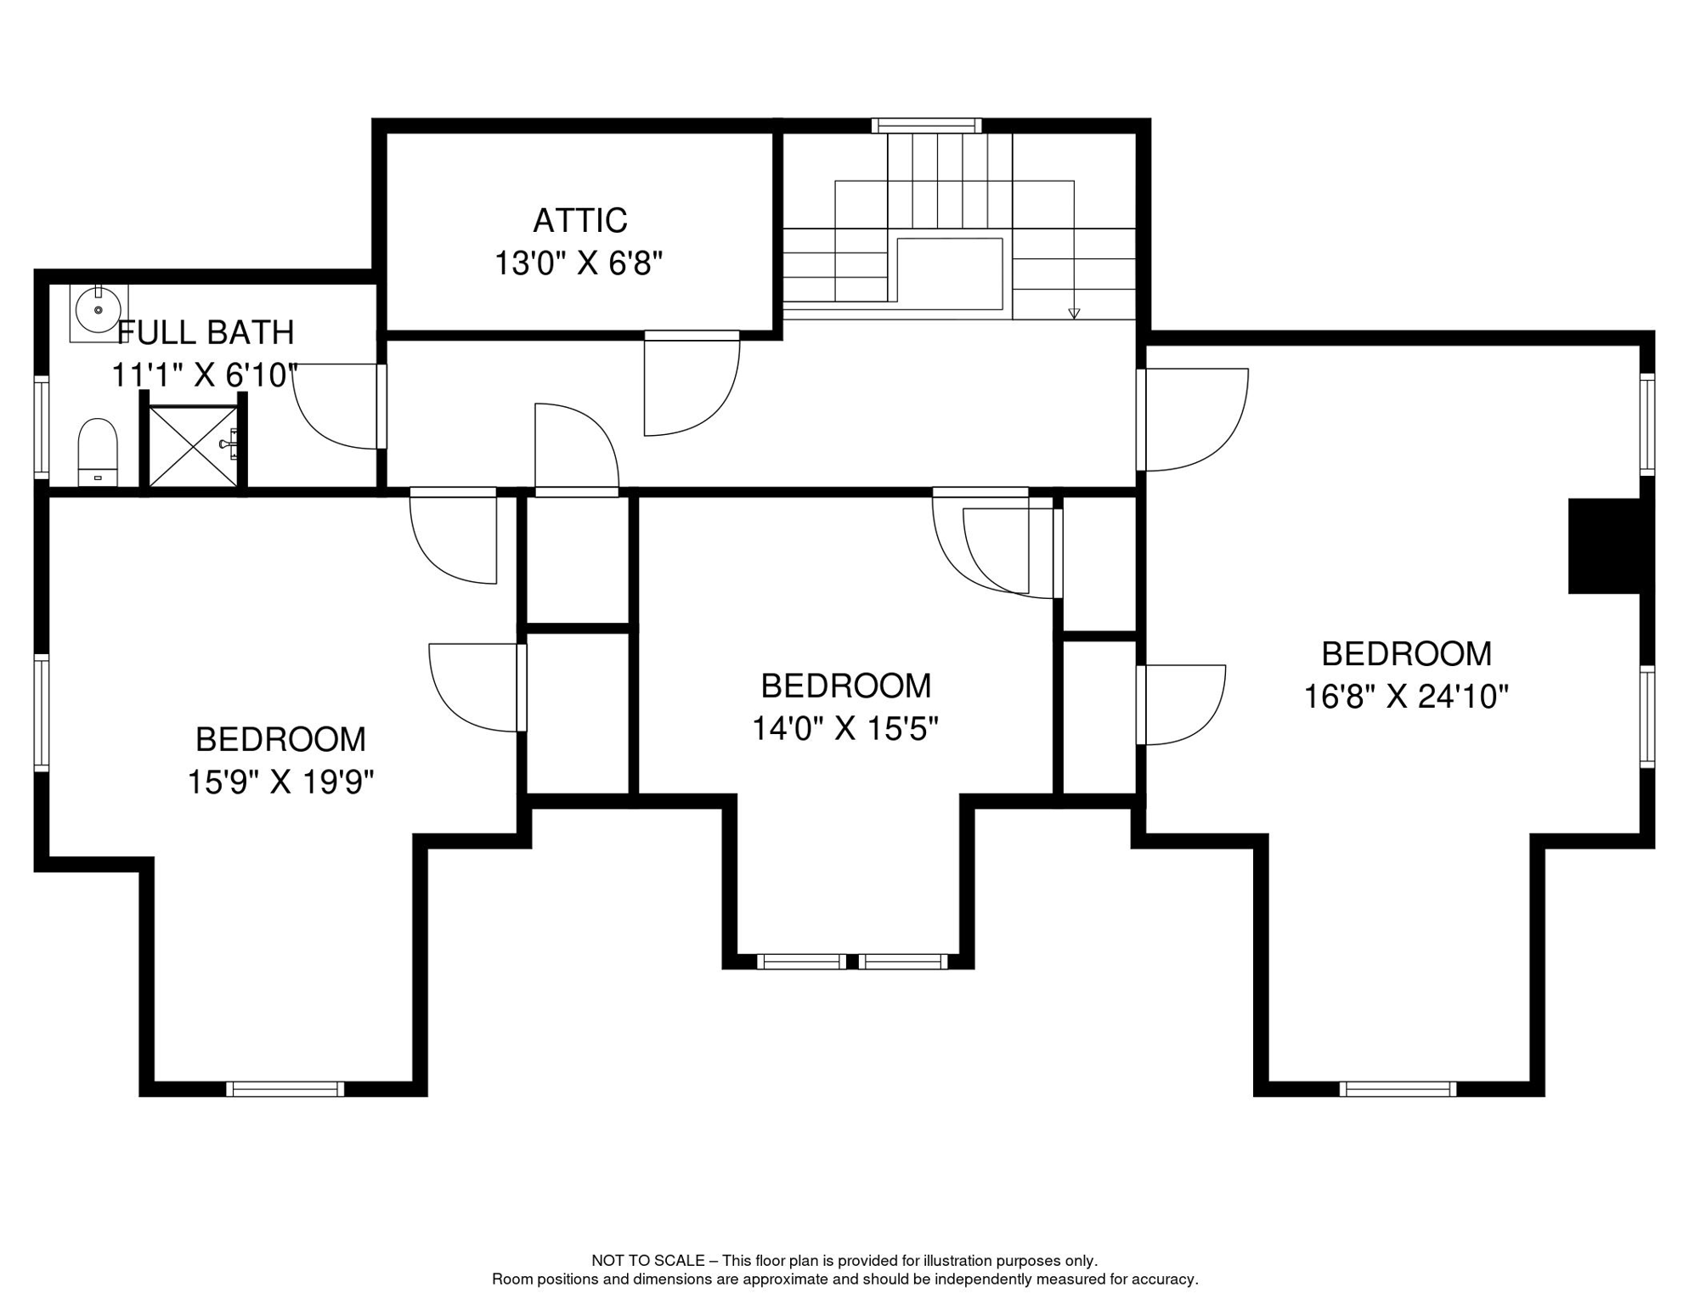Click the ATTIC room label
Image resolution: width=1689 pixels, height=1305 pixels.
coord(579,221)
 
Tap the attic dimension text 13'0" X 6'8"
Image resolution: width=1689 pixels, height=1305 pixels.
coord(579,263)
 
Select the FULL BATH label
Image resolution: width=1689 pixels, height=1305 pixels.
coord(206,332)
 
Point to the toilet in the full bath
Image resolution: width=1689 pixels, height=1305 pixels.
coord(98,451)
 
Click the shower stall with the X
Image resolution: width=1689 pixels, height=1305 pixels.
coord(194,446)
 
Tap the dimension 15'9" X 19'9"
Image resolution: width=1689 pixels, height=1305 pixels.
coord(280,782)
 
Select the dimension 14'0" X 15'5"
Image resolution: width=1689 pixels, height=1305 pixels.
coord(845,728)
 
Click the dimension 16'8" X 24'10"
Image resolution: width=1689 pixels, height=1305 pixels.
coord(1406,697)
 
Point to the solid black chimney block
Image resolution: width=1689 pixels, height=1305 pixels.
coord(1603,545)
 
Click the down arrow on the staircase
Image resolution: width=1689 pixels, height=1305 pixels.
coord(1074,314)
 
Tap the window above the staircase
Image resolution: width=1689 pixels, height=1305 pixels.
coord(927,126)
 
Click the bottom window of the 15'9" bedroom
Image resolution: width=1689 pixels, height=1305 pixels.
coord(285,1088)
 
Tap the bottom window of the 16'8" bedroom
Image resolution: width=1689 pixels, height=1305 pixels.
coord(1398,1088)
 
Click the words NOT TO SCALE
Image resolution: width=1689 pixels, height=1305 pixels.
coord(648,1261)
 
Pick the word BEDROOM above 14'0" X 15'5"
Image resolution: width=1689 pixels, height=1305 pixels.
coord(845,686)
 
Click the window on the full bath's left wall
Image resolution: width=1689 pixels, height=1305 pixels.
coord(41,427)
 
